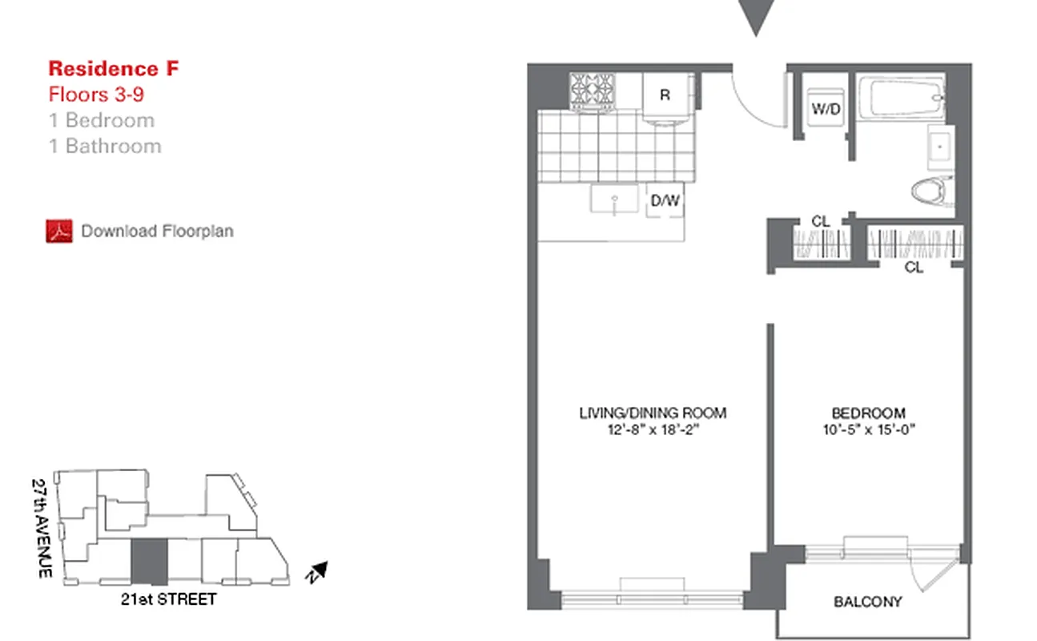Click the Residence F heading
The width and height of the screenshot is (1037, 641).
point(114,69)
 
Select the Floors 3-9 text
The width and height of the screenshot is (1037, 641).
point(96,95)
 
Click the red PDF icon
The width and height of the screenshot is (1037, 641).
point(58,232)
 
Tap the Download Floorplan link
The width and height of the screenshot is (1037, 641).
point(157,232)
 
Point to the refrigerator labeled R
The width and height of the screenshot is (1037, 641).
point(665,95)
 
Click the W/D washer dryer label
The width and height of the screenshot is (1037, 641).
point(826,108)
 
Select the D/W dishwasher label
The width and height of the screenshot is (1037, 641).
point(665,200)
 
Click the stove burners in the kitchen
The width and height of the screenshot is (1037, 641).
point(593,91)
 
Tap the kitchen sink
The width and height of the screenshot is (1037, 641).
point(615,198)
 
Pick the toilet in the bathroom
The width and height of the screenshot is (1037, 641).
point(934,191)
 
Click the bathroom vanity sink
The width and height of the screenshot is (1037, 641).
point(941,147)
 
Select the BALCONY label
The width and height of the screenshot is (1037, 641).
point(868,602)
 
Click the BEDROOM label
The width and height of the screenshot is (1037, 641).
point(869,413)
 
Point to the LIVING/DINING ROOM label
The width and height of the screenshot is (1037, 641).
point(653,413)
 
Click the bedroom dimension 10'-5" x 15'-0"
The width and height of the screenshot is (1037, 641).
point(869,429)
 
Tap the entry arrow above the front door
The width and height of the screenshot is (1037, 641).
point(755,16)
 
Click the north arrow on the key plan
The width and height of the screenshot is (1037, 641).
point(318,571)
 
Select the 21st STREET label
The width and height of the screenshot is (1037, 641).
point(166,599)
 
